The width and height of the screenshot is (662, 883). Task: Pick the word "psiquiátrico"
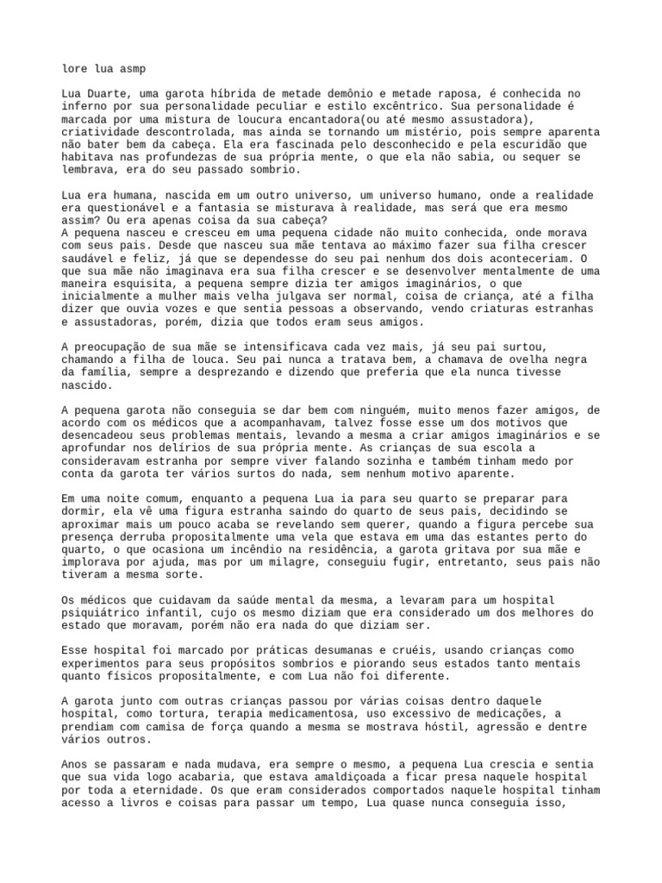(103, 613)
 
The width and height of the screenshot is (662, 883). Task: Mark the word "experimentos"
(103, 664)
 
